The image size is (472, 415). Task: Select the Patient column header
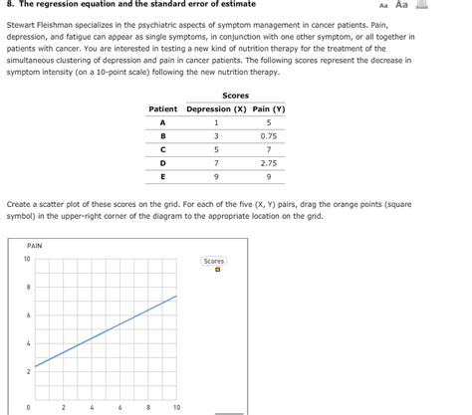[x=162, y=108]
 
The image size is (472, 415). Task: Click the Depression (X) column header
[x=215, y=108]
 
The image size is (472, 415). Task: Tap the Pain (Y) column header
[x=269, y=108]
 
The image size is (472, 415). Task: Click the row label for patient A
[x=162, y=122]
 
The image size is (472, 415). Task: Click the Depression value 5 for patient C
[x=215, y=149]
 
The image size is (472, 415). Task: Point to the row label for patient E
[x=162, y=175]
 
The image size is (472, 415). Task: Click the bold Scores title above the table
[x=236, y=96]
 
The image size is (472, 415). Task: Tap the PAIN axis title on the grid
[x=35, y=245]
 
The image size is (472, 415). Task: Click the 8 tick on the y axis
[x=28, y=288]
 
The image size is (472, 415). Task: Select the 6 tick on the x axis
[x=119, y=407]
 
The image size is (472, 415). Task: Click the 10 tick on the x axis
[x=176, y=407]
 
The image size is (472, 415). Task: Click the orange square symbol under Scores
[x=214, y=271]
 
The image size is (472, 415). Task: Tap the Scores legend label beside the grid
[x=214, y=261]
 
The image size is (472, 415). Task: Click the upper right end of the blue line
[x=177, y=296]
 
